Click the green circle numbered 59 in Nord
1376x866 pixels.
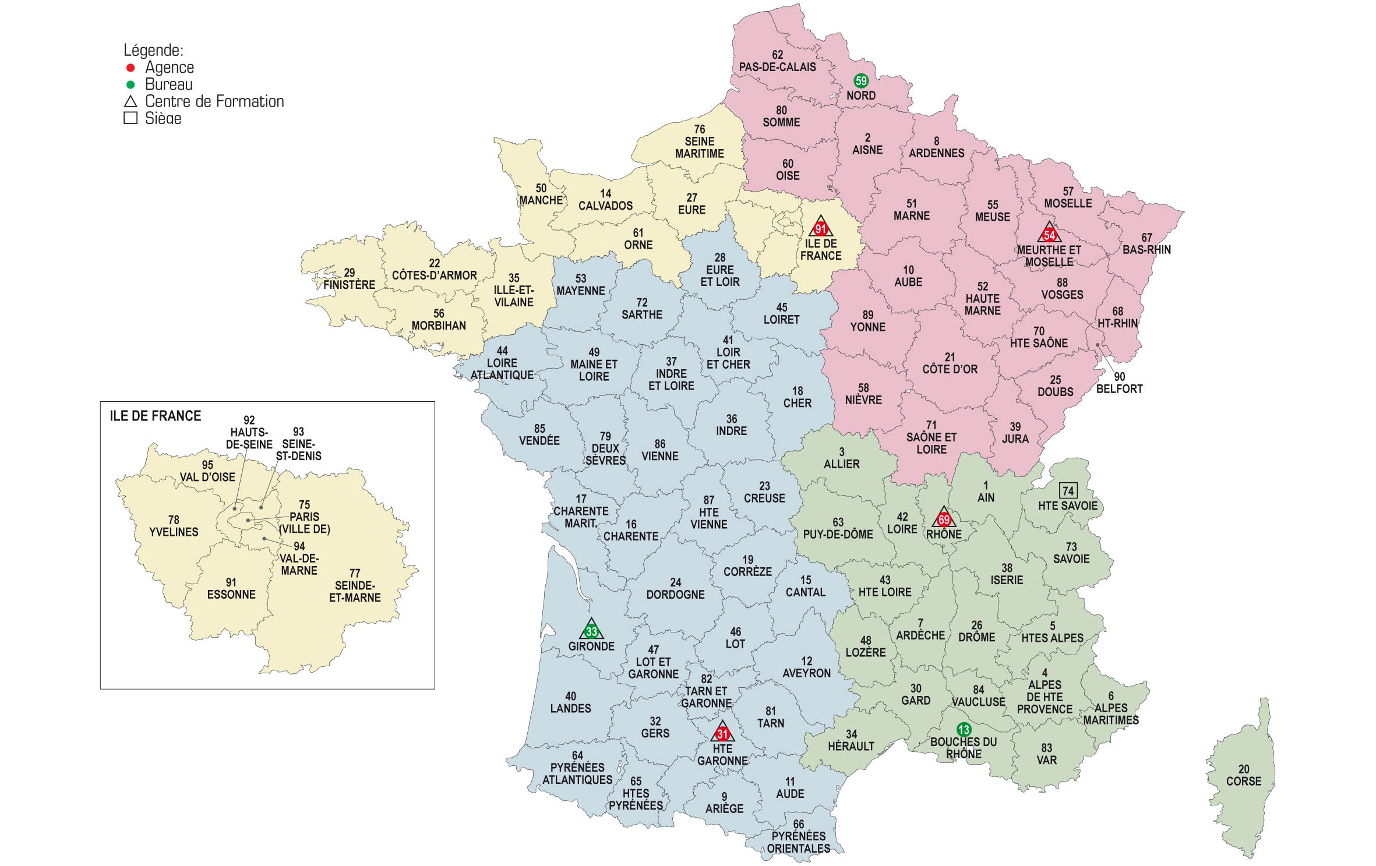click(x=860, y=81)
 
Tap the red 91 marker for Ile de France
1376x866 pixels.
click(x=820, y=229)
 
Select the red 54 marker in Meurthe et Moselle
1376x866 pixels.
click(x=1049, y=235)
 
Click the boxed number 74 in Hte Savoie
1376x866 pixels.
click(x=1068, y=490)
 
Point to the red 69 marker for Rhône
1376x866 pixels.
click(x=944, y=519)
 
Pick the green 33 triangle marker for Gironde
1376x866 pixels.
click(x=591, y=631)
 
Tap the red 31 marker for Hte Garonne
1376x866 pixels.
click(x=722, y=734)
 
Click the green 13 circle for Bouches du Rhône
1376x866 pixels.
click(x=964, y=729)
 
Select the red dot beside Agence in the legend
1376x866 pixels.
click(x=130, y=68)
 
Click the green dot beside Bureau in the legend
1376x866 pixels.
click(x=130, y=85)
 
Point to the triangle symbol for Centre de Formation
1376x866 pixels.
click(x=130, y=102)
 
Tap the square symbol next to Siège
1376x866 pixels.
click(x=130, y=118)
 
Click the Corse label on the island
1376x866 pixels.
click(x=1243, y=781)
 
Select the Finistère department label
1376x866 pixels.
click(x=349, y=284)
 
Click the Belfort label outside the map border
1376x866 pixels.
click(x=1119, y=388)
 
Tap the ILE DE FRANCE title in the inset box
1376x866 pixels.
click(x=155, y=416)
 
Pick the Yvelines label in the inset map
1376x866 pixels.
click(x=174, y=532)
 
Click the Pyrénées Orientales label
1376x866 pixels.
click(x=798, y=842)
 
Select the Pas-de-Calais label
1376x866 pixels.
click(x=777, y=67)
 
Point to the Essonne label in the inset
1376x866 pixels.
click(x=231, y=594)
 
